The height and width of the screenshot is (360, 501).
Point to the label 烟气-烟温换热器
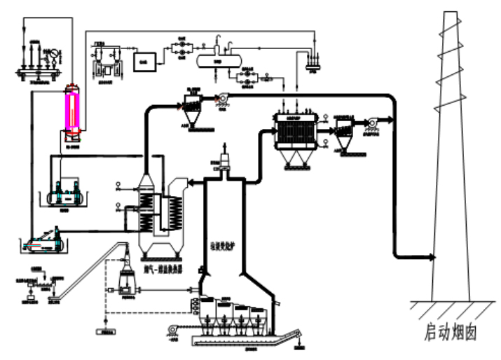[165, 267]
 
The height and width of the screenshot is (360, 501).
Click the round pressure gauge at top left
[49, 53]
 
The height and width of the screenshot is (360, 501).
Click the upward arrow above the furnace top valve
[224, 144]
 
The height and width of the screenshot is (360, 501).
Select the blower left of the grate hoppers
[172, 328]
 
